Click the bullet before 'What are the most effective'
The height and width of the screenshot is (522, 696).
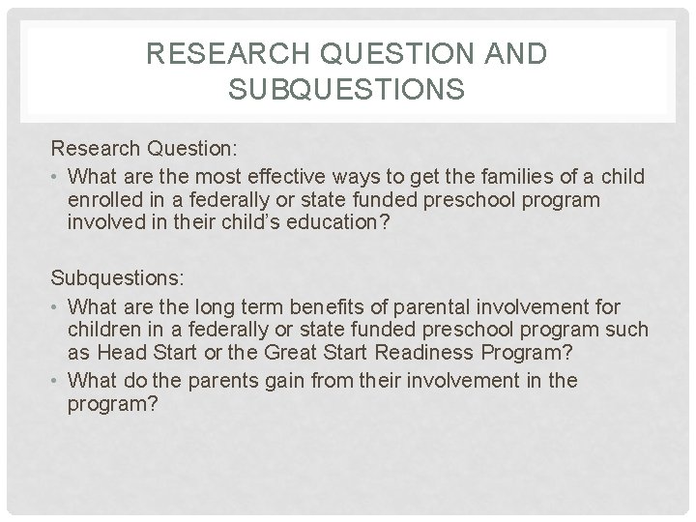[57, 177]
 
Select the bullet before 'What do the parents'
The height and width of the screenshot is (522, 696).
[57, 381]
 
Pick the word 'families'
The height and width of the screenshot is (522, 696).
[489, 176]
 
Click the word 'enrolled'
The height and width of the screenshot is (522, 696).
[104, 199]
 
